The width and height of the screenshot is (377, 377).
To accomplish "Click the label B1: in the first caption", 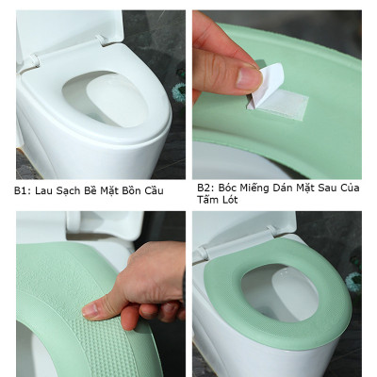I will pos(23,191).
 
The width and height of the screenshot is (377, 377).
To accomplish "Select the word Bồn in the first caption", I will pos(129,191).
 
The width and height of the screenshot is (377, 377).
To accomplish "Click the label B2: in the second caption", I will pos(205,188).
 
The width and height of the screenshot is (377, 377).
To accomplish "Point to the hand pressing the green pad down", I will pos(132,287).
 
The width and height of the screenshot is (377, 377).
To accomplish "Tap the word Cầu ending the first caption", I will pos(153,191).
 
